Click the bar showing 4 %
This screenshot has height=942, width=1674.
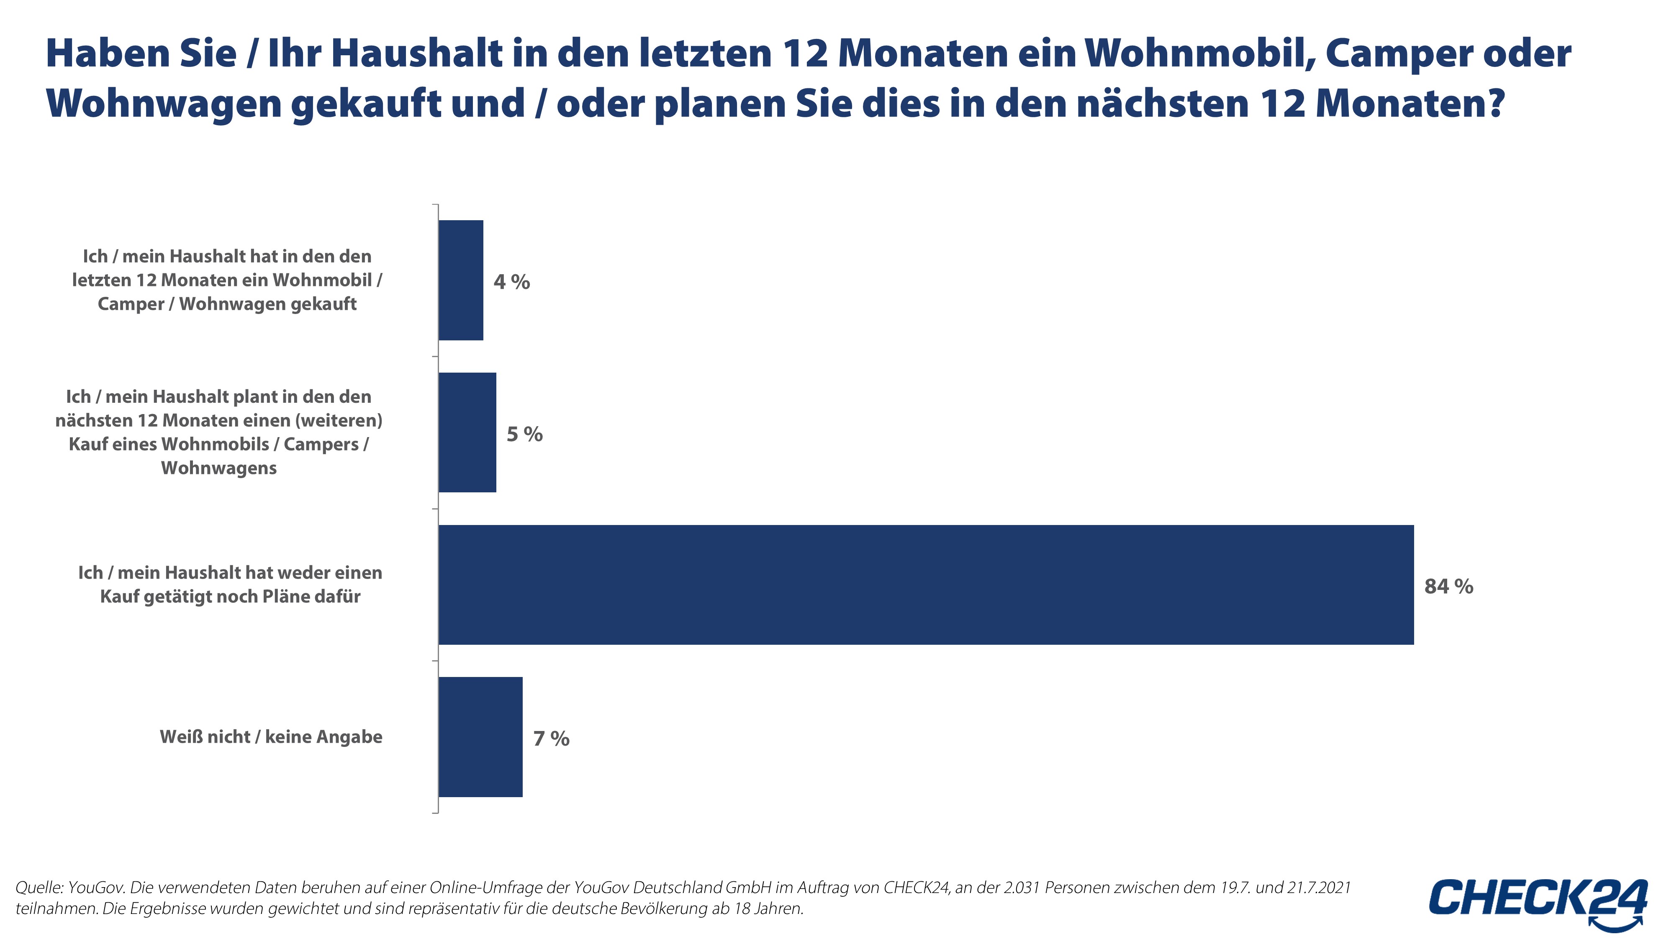(461, 280)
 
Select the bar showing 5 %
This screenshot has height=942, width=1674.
(467, 432)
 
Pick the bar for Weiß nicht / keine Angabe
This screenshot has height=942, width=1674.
(480, 736)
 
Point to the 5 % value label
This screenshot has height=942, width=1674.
(524, 434)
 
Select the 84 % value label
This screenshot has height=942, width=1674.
(1448, 587)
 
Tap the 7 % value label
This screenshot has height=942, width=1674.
(551, 739)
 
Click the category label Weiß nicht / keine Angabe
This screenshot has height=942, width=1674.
(271, 736)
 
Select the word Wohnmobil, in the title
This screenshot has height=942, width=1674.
(1199, 53)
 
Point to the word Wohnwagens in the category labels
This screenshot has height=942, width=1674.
(219, 468)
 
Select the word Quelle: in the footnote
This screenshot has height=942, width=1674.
(39, 888)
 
